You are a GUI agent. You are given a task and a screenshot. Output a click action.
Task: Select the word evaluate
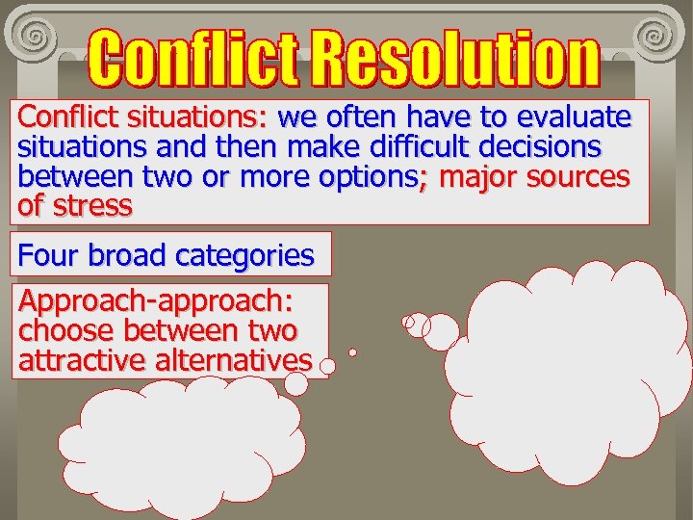coord(574,117)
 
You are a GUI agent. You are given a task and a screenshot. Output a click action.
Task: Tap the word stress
coord(92,206)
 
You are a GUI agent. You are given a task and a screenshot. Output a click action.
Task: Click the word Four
coord(50,255)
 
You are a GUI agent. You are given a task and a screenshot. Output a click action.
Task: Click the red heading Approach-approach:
coord(155,301)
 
